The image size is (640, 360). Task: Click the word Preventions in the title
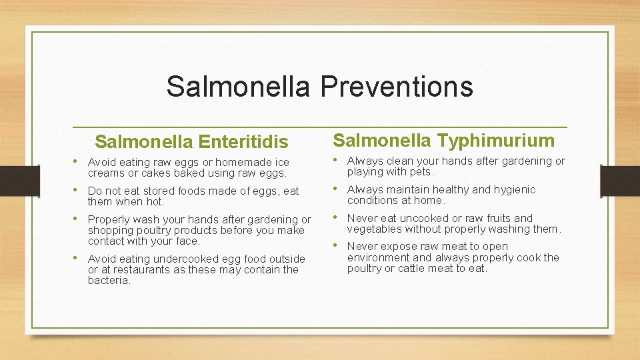397,87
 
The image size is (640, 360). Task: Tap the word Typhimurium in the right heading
496,141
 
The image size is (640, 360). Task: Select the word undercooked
185,259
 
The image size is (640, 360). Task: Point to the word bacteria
109,281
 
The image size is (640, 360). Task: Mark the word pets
420,172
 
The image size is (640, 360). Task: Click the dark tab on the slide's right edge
619,180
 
